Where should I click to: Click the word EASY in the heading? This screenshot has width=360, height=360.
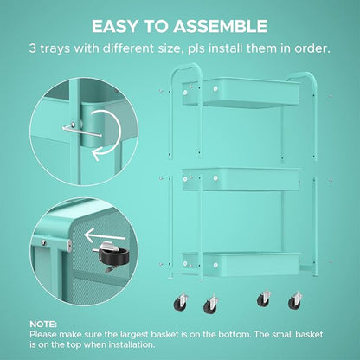click(x=115, y=26)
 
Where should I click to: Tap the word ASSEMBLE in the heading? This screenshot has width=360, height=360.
click(x=221, y=26)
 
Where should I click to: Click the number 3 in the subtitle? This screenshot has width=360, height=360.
click(x=33, y=48)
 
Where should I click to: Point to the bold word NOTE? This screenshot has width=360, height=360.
click(x=43, y=325)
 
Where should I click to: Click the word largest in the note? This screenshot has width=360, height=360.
click(x=134, y=335)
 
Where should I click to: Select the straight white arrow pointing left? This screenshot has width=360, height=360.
click(x=105, y=235)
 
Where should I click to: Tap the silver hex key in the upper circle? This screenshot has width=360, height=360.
click(x=81, y=130)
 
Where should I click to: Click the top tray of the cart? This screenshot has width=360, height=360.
click(x=241, y=92)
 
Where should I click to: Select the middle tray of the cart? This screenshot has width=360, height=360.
click(x=241, y=179)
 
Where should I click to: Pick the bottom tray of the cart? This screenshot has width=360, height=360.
click(x=241, y=263)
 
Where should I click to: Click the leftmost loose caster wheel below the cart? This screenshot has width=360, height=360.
click(x=181, y=302)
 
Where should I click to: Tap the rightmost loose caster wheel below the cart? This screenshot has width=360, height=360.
click(x=295, y=300)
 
